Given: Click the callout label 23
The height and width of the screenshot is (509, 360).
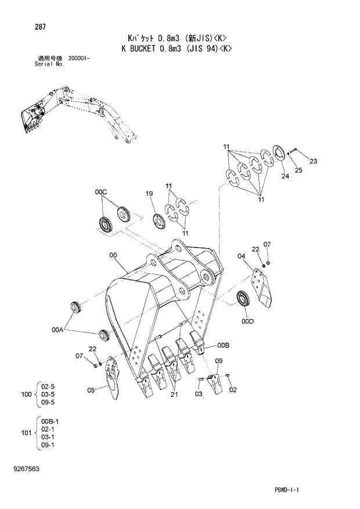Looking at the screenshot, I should click(x=314, y=161).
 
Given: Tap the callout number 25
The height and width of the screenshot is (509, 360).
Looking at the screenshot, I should click(x=299, y=170).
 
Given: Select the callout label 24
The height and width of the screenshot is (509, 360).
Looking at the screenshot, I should click(x=285, y=175).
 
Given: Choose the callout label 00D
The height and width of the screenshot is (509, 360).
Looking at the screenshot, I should click(x=248, y=320).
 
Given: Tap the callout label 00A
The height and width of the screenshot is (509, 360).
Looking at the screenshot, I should click(x=57, y=329).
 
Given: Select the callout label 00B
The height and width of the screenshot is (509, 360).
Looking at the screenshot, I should click(x=224, y=345).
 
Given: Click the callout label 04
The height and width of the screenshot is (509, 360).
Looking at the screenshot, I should click(x=241, y=255).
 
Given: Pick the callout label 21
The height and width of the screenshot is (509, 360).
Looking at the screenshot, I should click(x=174, y=395).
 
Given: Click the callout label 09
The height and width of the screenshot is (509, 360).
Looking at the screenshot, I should click(x=219, y=361).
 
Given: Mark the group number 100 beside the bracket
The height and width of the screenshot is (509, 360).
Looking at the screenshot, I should click(x=26, y=395).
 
